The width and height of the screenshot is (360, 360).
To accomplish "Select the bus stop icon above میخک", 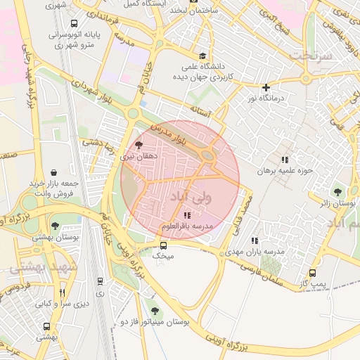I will pyautogui.click(x=163, y=245).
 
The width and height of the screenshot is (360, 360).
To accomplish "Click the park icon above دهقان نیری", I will pyautogui.click(x=137, y=144).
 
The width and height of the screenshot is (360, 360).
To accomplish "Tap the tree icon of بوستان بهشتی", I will pyautogui.click(x=55, y=225).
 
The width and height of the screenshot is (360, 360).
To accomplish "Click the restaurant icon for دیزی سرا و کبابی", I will pyautogui.click(x=62, y=292).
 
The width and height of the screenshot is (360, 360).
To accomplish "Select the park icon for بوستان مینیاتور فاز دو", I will pyautogui.click(x=155, y=310).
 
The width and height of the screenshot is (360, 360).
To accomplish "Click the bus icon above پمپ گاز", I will pyautogui.click(x=312, y=273).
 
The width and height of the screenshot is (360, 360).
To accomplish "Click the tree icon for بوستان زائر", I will pyautogui.click(x=337, y=191).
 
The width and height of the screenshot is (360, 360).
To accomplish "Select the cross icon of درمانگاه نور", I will pyautogui.click(x=266, y=87).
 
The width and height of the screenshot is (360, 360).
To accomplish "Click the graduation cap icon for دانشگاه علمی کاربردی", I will pyautogui.click(x=202, y=56).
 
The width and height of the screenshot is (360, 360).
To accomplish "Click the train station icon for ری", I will pyautogui.click(x=100, y=281).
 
